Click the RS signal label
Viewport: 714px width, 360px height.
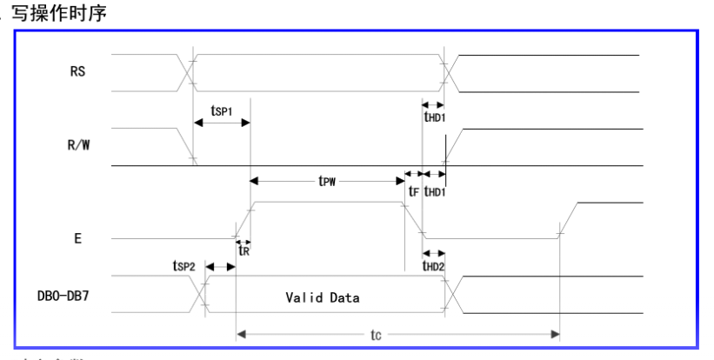click(77, 74)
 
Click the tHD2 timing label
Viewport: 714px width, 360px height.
click(434, 266)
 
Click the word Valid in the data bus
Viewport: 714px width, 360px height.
click(303, 297)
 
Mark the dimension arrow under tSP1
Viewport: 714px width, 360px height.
click(222, 123)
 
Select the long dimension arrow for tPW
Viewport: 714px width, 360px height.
click(327, 181)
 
